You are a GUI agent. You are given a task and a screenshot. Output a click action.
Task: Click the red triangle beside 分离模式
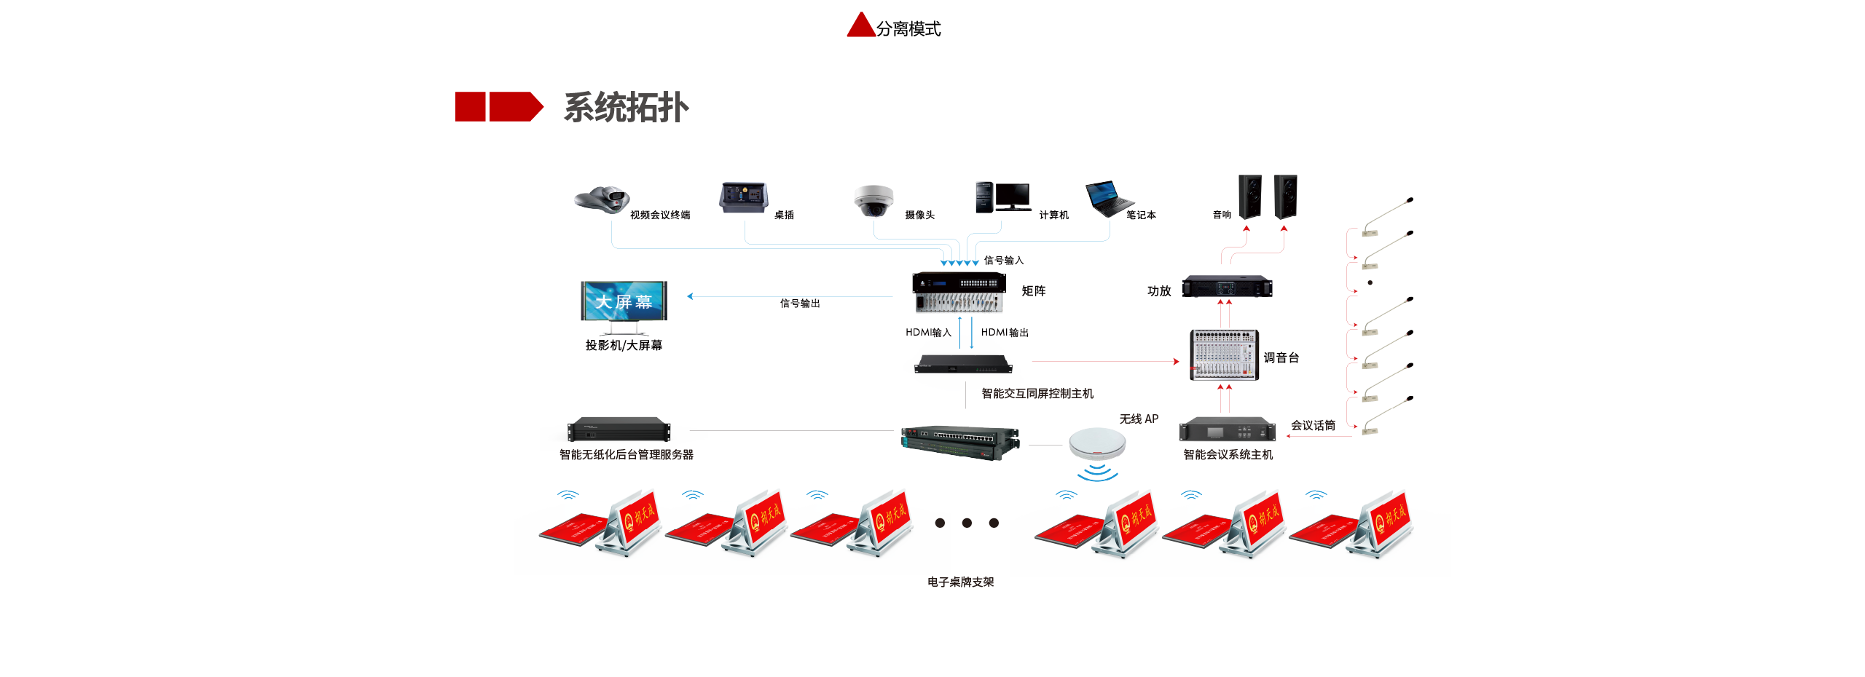click(860, 26)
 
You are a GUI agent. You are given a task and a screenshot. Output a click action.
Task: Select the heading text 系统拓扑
click(626, 108)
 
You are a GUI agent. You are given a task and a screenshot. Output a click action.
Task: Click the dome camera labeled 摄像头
click(873, 200)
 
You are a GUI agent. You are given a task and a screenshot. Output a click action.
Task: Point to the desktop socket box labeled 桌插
click(743, 197)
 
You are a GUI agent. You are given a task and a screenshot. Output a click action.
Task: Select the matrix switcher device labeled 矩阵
click(957, 292)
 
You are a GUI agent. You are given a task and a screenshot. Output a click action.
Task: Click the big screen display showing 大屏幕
click(624, 301)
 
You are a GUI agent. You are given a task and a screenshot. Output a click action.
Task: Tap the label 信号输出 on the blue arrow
click(800, 304)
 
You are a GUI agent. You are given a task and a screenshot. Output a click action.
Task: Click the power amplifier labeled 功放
click(1227, 286)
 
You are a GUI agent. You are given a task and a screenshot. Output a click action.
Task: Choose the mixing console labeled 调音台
click(1224, 355)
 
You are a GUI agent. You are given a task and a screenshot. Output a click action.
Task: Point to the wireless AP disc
click(1097, 443)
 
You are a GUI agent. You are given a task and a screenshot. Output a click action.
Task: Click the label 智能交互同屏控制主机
click(1037, 394)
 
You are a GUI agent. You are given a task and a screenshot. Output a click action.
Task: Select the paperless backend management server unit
click(619, 429)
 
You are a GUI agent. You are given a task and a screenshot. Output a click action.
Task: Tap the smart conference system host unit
click(1227, 429)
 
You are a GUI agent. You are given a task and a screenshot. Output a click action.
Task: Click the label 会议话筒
click(1313, 426)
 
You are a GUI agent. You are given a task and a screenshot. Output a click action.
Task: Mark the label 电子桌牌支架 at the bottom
click(960, 582)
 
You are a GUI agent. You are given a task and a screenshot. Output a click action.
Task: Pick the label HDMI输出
click(1005, 333)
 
